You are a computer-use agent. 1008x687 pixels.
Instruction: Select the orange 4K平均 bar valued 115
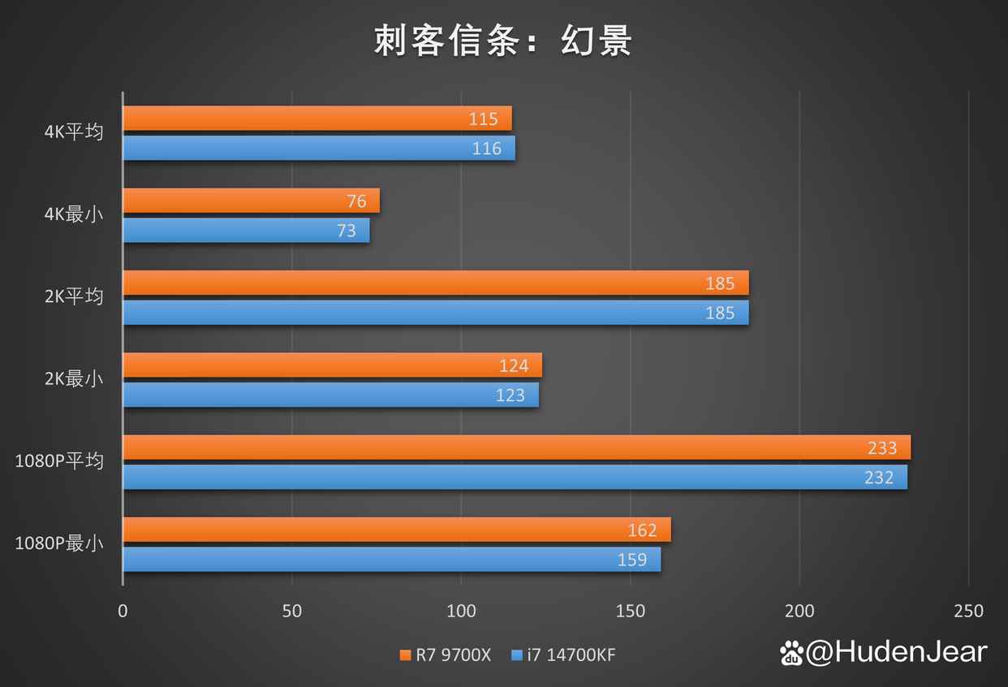pos(317,119)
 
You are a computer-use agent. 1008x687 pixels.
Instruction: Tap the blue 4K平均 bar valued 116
pos(319,148)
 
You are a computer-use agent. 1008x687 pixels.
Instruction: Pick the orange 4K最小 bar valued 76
pos(252,201)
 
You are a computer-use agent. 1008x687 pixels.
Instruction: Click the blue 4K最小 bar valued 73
pos(246,231)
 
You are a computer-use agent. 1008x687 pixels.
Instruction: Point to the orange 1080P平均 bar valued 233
pos(516,447)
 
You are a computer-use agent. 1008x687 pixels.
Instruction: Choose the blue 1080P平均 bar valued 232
pos(515,477)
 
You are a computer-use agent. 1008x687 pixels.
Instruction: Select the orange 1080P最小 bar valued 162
pos(397,529)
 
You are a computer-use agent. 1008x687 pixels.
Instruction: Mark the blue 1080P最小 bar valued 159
pos(391,560)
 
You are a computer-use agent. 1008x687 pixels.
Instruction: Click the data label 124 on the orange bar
pos(514,365)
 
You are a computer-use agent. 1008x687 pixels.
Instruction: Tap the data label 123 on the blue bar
pos(510,395)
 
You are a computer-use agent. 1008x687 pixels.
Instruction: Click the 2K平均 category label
pos(74,296)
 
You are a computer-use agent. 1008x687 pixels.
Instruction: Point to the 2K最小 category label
pos(74,378)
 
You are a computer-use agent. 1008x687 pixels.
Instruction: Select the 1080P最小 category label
pos(59,543)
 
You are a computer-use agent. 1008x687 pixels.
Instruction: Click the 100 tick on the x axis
pos(461,611)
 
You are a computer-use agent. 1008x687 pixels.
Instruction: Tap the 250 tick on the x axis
pos(968,611)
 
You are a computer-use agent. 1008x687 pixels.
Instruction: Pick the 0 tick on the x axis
pos(123,611)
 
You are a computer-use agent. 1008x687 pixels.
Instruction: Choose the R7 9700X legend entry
pos(446,655)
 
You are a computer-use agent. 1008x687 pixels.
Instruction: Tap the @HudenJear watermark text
pos(896,652)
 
